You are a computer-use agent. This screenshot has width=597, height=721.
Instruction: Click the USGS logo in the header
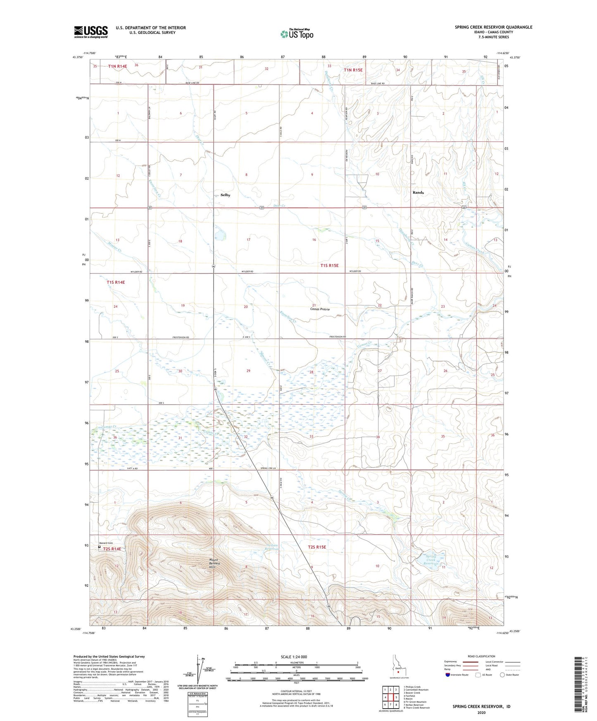pyautogui.click(x=91, y=32)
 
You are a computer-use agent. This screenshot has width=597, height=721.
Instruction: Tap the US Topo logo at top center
pyautogui.click(x=296, y=34)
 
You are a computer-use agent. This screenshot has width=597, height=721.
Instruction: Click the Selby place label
pyautogui.click(x=225, y=195)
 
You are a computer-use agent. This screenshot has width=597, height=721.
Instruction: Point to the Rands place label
pyautogui.click(x=418, y=192)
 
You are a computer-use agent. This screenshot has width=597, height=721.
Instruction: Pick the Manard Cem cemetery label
pyautogui.click(x=107, y=543)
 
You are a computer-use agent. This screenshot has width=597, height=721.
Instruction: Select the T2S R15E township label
pyautogui.click(x=317, y=547)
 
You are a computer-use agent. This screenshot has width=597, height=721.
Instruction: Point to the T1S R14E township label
pyautogui.click(x=115, y=282)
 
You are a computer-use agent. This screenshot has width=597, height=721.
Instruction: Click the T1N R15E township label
pyautogui.click(x=353, y=70)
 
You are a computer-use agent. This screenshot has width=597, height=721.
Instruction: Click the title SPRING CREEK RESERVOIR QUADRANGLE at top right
pyautogui.click(x=493, y=27)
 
